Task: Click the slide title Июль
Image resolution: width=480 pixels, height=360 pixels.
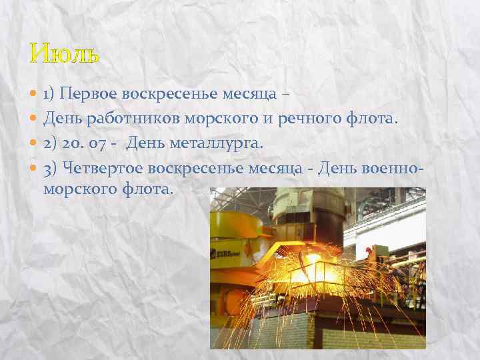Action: click(65, 53)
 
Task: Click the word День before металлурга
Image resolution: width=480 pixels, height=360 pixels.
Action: click(145, 143)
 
